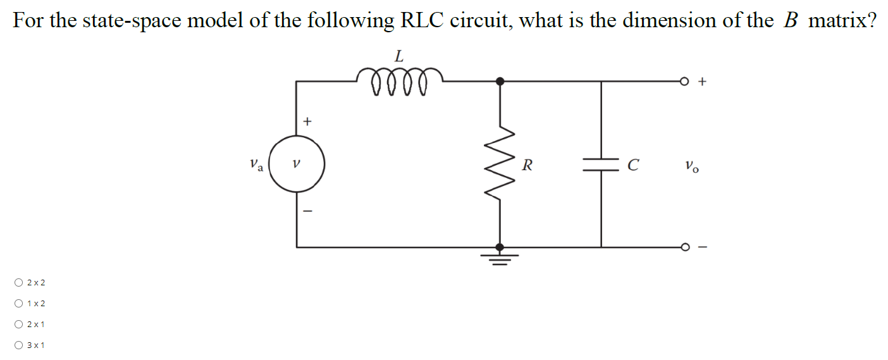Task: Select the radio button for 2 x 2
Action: (x=19, y=282)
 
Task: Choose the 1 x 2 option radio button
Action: (x=19, y=304)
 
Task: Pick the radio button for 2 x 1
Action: (x=19, y=325)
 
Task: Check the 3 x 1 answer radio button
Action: (x=19, y=345)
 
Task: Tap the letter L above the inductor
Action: (x=398, y=56)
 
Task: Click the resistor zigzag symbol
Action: (x=500, y=164)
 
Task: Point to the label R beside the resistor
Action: (x=527, y=166)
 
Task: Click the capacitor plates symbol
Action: (x=601, y=164)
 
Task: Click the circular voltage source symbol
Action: (x=297, y=164)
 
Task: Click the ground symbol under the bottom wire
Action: (x=500, y=258)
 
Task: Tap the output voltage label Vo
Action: (x=692, y=167)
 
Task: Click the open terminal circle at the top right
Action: (x=684, y=81)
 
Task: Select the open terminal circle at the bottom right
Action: (x=684, y=247)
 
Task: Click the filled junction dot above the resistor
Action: (x=500, y=81)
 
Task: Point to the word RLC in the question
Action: (x=423, y=21)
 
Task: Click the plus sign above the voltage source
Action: (x=308, y=120)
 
